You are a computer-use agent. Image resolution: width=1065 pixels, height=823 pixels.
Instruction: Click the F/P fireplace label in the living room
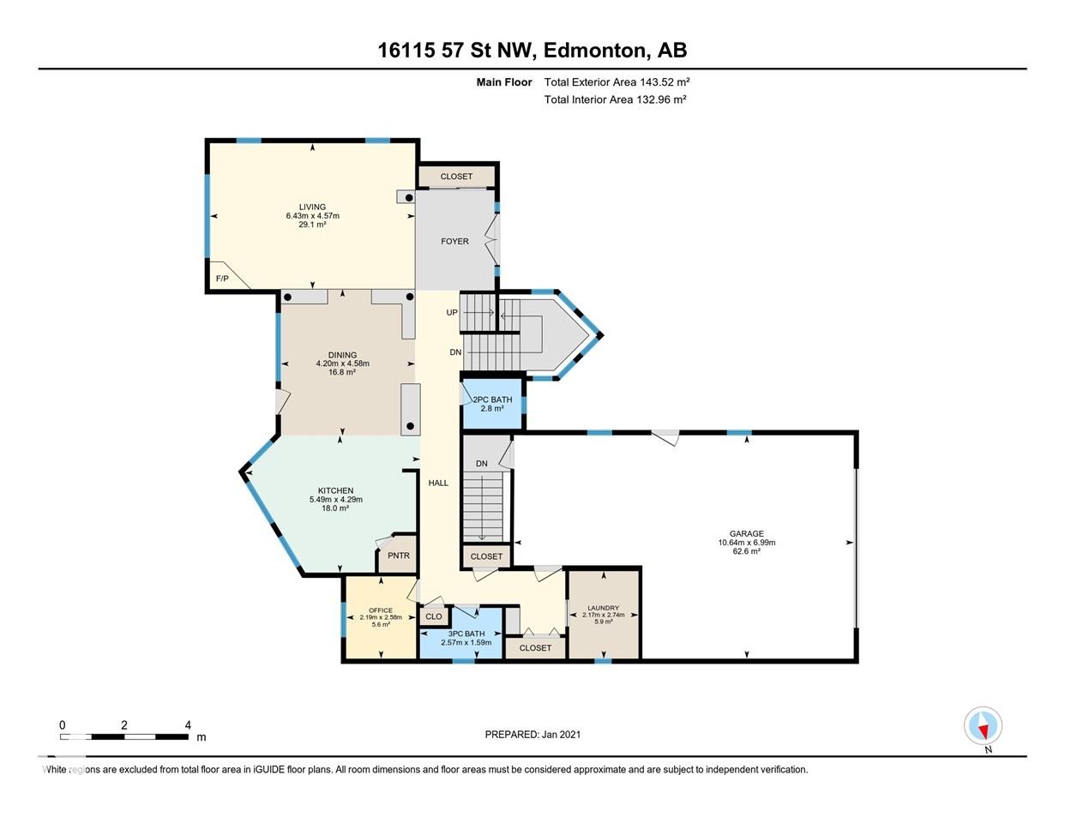point(222,279)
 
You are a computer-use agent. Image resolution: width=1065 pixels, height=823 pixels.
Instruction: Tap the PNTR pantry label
point(398,556)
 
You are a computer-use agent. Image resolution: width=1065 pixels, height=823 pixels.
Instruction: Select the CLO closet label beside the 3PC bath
point(433,616)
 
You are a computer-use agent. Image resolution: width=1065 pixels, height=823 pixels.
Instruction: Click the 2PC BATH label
point(492,399)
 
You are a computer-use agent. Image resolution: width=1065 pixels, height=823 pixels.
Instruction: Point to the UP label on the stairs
point(451,313)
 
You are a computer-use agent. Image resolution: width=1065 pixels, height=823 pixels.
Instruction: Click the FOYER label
point(454,242)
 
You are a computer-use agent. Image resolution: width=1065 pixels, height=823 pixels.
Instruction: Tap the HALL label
point(438,483)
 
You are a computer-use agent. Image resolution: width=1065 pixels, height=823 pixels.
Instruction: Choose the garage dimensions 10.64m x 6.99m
point(746,543)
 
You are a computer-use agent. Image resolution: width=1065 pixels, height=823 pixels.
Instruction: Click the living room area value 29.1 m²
point(312,225)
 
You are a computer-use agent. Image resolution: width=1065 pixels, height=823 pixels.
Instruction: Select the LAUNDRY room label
point(604,608)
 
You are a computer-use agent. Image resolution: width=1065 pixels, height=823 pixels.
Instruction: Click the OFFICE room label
point(381,610)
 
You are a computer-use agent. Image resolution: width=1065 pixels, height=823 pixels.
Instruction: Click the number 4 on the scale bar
point(188,725)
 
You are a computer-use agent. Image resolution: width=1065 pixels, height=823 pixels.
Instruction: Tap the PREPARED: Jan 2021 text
point(532,735)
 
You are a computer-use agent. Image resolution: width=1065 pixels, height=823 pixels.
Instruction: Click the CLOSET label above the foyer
point(456,177)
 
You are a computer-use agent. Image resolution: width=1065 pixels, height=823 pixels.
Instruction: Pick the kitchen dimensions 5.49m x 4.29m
point(336,500)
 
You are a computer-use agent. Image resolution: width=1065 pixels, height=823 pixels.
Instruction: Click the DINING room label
point(343,355)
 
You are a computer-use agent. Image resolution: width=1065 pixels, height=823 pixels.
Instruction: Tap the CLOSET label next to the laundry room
point(535,647)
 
